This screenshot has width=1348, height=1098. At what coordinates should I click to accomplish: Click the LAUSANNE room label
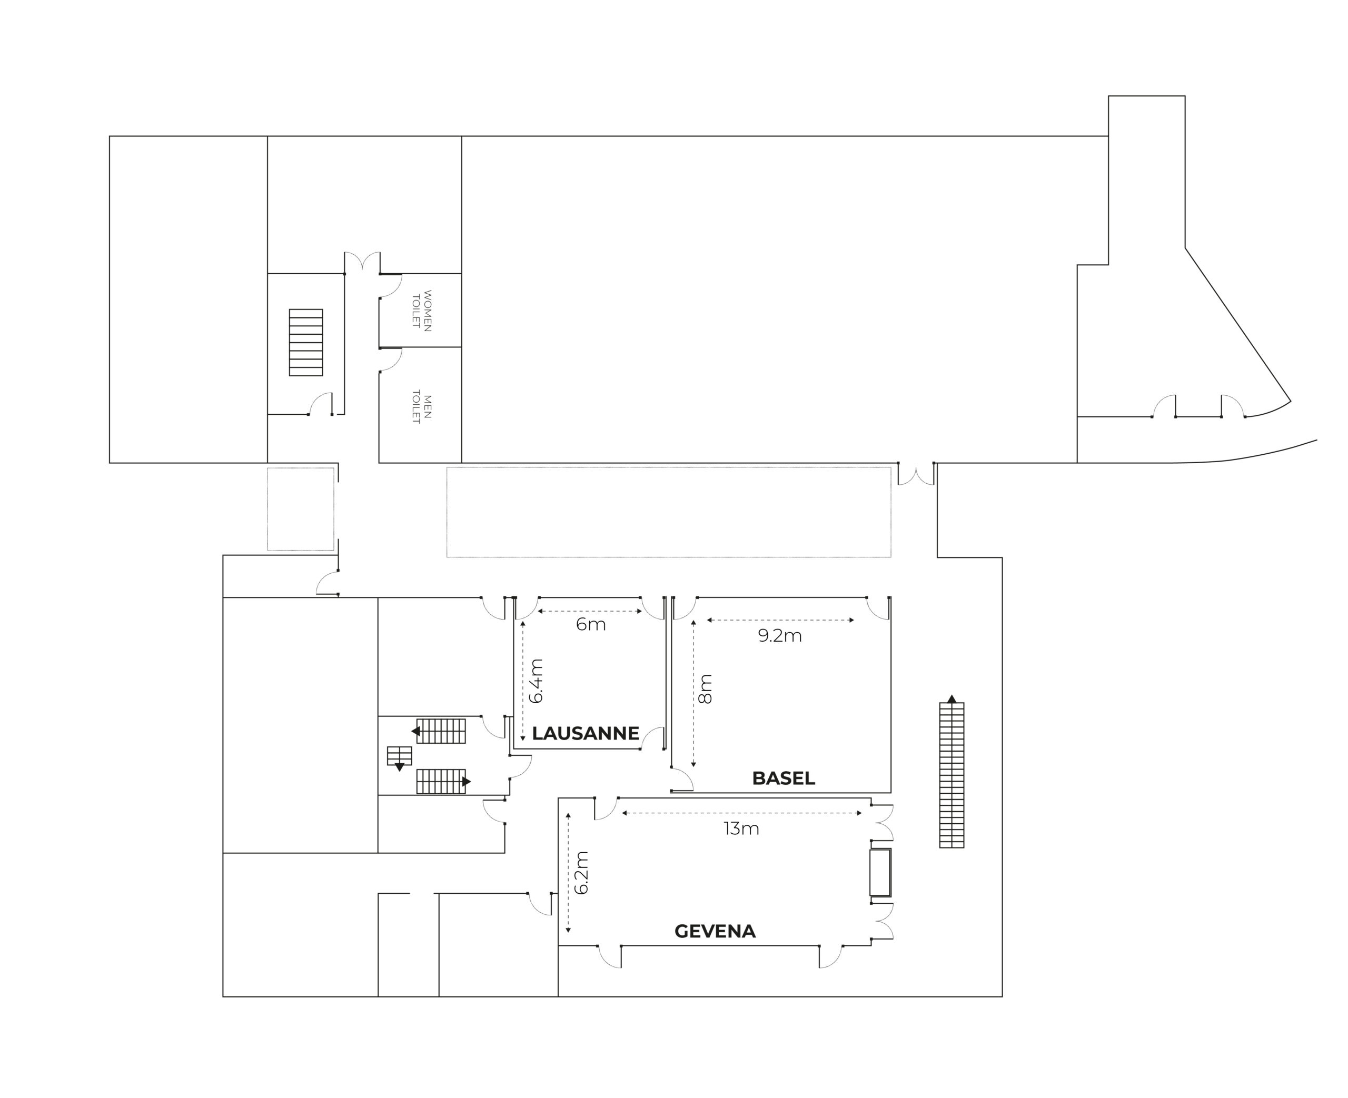585,733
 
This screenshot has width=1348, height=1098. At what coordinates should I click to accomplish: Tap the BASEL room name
783,778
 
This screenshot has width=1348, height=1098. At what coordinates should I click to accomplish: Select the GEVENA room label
715,931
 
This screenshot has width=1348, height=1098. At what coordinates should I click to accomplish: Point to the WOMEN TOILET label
422,311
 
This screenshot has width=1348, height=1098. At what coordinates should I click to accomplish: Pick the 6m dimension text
591,625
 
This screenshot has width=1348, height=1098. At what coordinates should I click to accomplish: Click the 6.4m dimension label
537,681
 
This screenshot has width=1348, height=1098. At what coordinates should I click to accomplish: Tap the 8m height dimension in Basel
705,690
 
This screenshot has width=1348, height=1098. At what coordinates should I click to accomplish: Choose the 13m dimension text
741,829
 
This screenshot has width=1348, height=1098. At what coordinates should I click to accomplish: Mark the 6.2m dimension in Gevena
582,873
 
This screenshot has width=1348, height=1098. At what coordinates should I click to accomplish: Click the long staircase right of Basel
951,775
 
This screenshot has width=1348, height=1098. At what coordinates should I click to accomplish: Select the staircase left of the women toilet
306,342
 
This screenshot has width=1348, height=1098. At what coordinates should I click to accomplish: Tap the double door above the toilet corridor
362,261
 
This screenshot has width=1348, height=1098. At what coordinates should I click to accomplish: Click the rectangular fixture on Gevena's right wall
880,872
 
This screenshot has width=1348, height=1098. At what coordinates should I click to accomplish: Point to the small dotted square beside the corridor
301,509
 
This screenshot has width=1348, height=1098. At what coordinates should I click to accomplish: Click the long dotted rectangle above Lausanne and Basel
669,512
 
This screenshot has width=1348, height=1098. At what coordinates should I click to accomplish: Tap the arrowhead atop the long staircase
951,698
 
